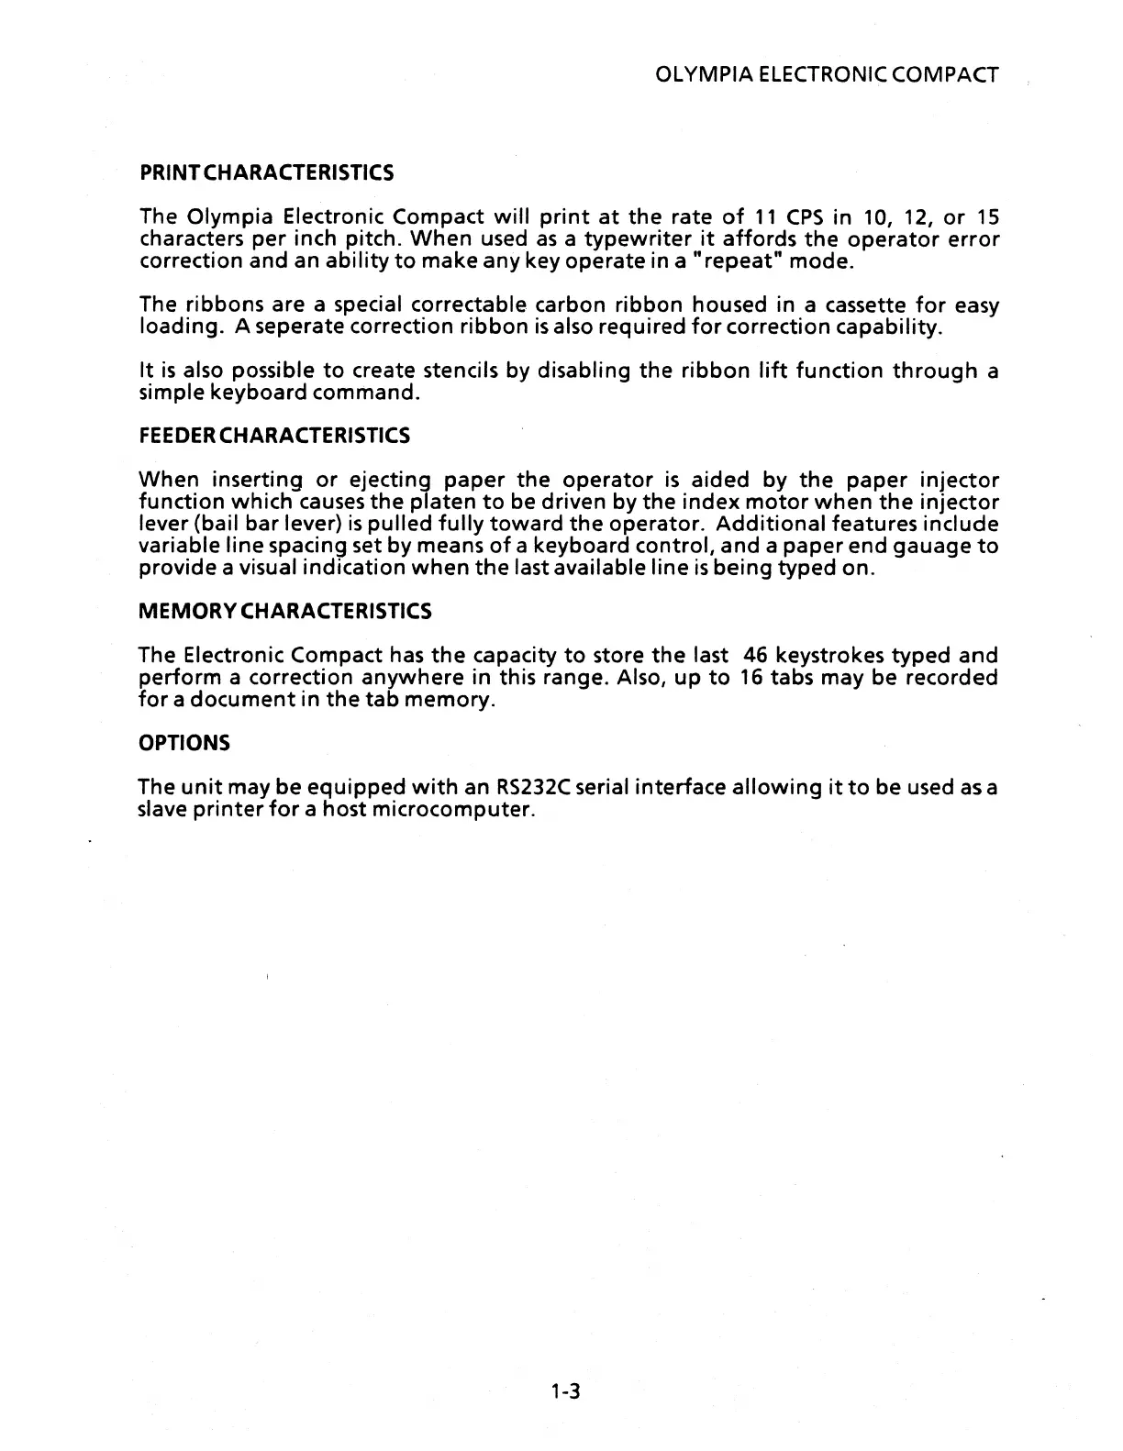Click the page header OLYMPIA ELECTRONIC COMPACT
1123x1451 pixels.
tap(828, 75)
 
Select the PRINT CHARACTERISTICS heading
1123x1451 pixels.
tap(266, 172)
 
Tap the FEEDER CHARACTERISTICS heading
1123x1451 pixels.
tap(273, 436)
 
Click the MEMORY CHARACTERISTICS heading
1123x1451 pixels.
tap(284, 611)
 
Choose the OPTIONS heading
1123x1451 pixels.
tap(183, 742)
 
